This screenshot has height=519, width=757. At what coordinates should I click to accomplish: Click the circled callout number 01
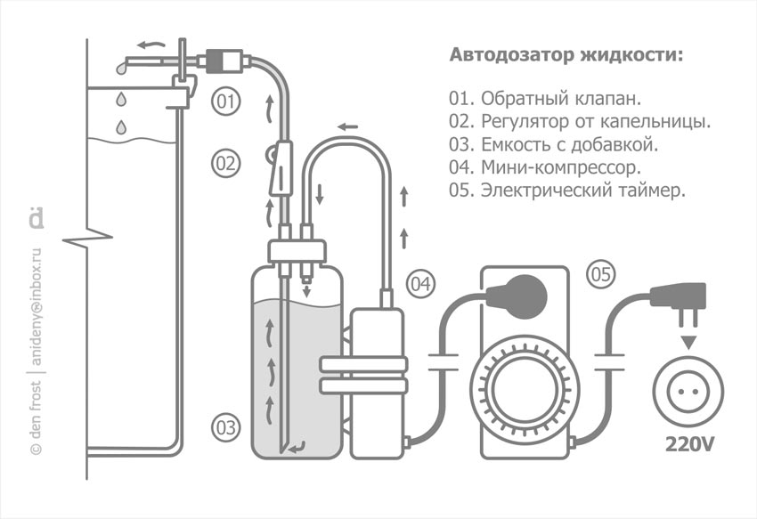pos(227,102)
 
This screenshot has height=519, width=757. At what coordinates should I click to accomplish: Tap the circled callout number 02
pos(227,164)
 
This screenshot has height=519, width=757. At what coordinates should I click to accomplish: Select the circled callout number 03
pos(227,427)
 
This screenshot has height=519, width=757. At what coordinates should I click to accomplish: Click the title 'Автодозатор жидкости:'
pos(567,56)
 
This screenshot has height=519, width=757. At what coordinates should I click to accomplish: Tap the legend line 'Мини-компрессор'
pos(547,166)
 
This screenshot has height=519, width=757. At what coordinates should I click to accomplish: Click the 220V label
pos(688,443)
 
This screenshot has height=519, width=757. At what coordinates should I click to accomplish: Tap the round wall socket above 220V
pos(688,393)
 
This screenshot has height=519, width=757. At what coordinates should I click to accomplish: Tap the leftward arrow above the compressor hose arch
pos(347,126)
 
